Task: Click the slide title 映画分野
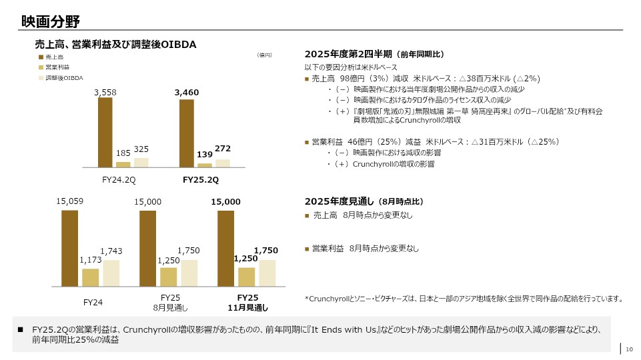[x=50, y=22]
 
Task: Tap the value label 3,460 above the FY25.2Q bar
[x=187, y=93]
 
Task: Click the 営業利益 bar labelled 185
[x=123, y=164]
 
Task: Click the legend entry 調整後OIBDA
[x=65, y=78]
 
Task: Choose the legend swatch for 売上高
[x=40, y=57]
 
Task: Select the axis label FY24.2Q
[x=119, y=180]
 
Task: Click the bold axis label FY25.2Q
[x=201, y=180]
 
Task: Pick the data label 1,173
[x=90, y=260]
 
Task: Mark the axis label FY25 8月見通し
[x=171, y=302]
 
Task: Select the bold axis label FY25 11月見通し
[x=247, y=302]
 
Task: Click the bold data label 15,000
[x=225, y=201]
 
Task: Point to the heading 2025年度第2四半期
[x=348, y=54]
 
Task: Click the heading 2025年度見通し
[x=340, y=201]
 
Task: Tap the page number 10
[x=628, y=348]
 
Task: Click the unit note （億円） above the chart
[x=265, y=55]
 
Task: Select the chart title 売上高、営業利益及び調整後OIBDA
[x=115, y=44]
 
